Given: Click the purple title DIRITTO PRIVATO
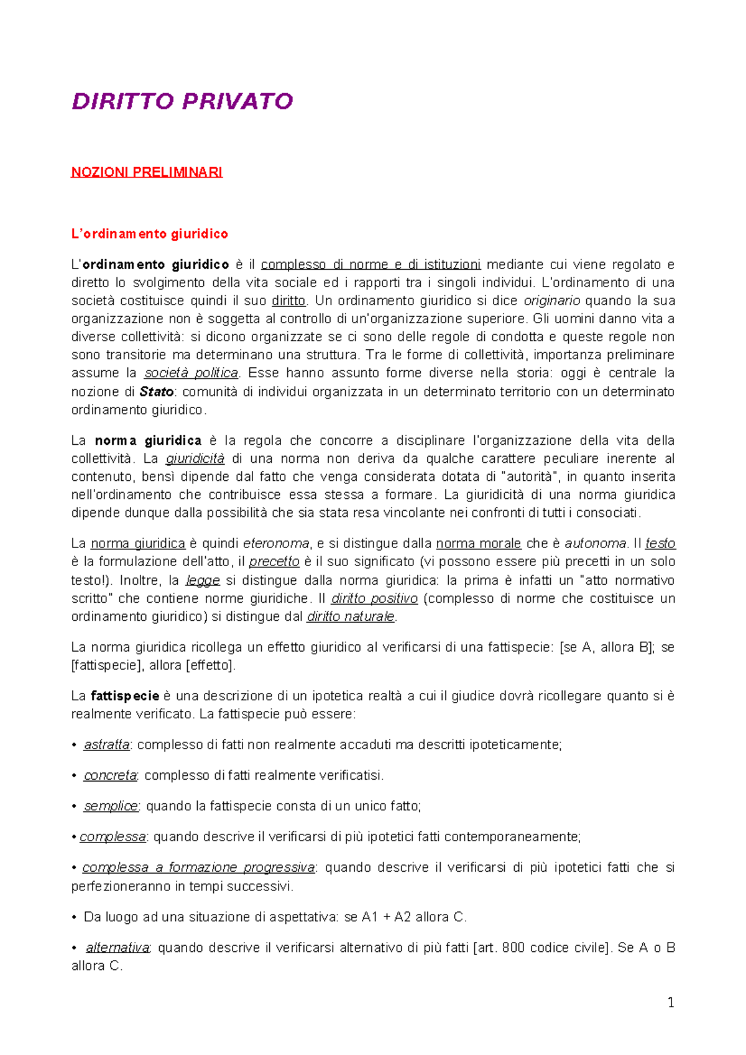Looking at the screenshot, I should click(x=182, y=101).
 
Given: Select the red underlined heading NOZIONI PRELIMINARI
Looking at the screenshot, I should click(x=147, y=172).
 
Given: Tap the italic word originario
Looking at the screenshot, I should click(x=551, y=301).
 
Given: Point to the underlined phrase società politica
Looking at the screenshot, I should click(x=191, y=373).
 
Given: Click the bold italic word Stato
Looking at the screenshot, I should click(x=157, y=391).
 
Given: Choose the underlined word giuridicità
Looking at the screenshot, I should click(x=195, y=459).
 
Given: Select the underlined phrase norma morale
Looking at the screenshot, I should click(x=478, y=543).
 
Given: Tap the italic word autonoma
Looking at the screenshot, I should click(x=595, y=543).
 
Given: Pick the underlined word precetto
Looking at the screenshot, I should click(x=274, y=561).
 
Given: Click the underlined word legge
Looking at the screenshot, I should click(x=203, y=580).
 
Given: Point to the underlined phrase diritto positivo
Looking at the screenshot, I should click(x=374, y=598).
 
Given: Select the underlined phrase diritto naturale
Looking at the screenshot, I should click(x=351, y=616).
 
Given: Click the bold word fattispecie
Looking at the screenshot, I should click(x=125, y=696).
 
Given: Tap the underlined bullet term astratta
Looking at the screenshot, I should click(x=107, y=744).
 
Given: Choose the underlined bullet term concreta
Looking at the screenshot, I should click(x=110, y=775).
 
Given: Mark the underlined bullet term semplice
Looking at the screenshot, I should click(x=111, y=806).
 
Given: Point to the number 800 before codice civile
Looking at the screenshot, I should click(x=513, y=948).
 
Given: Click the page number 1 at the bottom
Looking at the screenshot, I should click(x=670, y=1002).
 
